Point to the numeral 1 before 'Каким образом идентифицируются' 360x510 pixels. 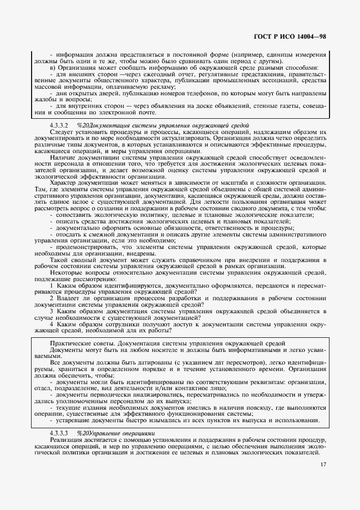tap(51, 285)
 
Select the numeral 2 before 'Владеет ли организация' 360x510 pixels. tap(51, 298)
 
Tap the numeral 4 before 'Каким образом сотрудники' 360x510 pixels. tap(51, 324)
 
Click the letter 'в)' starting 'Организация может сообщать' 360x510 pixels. tap(53, 68)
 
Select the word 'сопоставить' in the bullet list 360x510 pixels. tap(74, 215)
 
